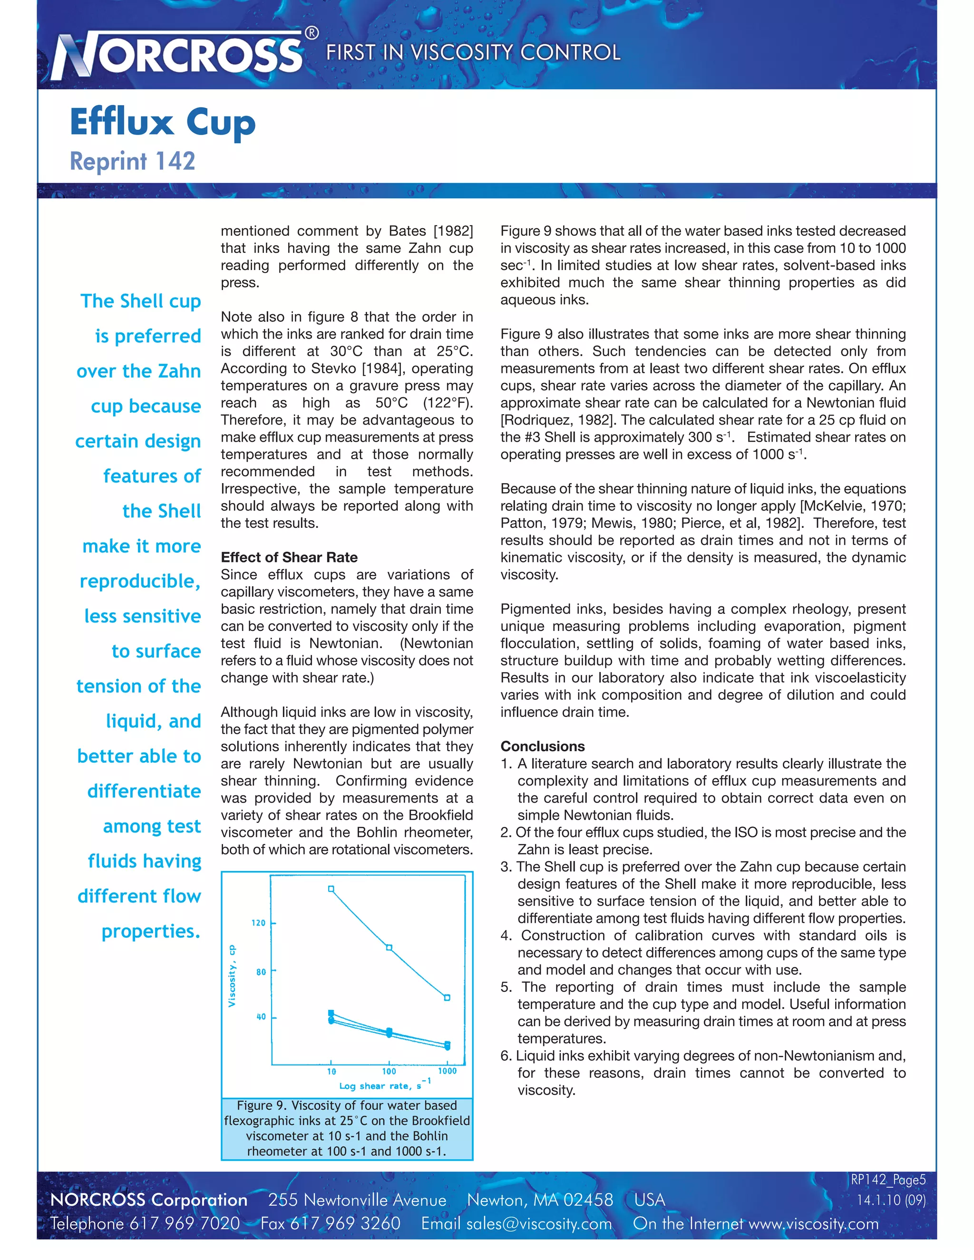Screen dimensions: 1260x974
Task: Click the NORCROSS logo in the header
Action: click(179, 55)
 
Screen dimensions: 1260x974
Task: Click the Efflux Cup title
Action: click(162, 122)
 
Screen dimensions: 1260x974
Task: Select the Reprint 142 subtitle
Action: click(132, 161)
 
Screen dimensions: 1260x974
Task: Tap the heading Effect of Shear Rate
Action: click(289, 557)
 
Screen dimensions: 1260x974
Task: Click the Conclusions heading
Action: click(542, 746)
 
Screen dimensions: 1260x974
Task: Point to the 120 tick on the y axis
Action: click(259, 923)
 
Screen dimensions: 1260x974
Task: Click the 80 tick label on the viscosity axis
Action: click(261, 972)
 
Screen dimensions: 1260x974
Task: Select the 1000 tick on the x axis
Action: click(447, 1071)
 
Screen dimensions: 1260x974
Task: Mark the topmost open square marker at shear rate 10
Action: click(331, 889)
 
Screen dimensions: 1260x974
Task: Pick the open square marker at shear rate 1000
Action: click(447, 998)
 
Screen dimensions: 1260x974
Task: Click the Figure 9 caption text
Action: click(347, 1128)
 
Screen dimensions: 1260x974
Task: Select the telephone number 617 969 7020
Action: click(184, 1224)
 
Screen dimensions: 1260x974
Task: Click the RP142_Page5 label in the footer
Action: click(887, 1180)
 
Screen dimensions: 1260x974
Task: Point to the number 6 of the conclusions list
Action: click(506, 1056)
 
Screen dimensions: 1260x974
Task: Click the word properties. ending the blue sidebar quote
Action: click(151, 931)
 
